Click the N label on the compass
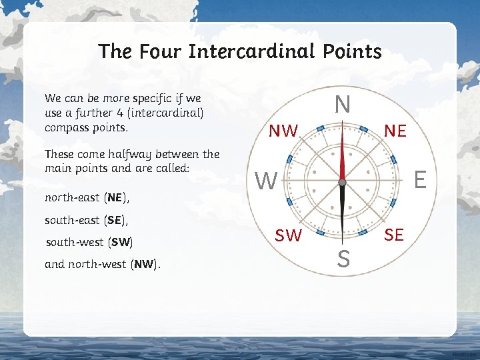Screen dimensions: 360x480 click(342, 105)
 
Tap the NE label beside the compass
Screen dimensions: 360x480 click(395, 131)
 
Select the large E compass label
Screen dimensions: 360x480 click(420, 178)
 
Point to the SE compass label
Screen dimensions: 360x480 click(394, 235)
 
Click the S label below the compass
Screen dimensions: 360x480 click(343, 259)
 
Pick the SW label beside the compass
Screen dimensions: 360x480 click(289, 235)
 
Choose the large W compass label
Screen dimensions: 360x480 click(267, 180)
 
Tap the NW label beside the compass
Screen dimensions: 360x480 click(283, 131)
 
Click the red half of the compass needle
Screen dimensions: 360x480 click(342, 153)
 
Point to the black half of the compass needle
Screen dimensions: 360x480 click(342, 207)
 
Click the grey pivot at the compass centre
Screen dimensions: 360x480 click(342, 181)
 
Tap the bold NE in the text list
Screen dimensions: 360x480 click(115, 198)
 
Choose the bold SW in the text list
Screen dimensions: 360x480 click(121, 242)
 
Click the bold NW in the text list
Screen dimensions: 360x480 click(144, 264)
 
